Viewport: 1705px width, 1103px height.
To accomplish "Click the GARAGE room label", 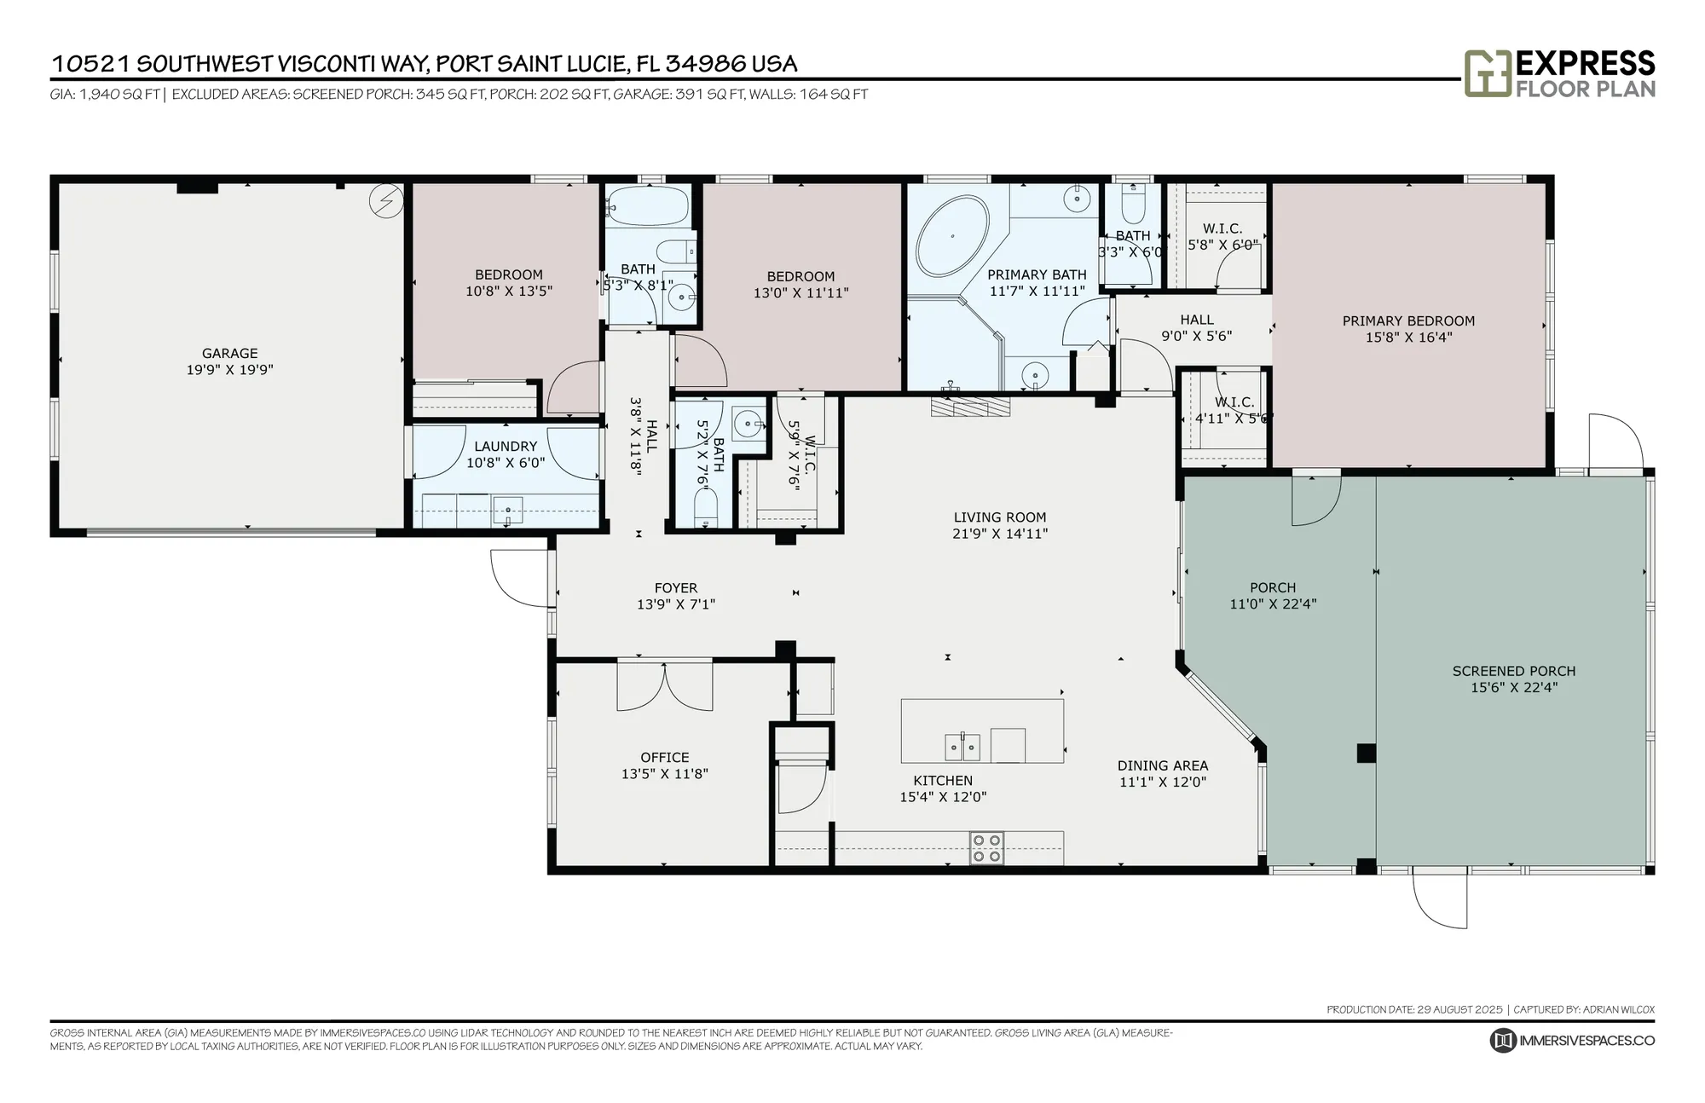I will tap(229, 353).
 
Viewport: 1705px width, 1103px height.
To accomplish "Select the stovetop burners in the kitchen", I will tap(986, 848).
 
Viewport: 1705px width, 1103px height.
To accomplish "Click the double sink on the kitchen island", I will tap(962, 748).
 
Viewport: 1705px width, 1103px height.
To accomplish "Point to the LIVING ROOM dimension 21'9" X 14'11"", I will tap(999, 534).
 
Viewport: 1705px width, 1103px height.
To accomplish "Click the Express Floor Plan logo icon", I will tap(1487, 73).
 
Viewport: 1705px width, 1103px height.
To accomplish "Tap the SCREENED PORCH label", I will tap(1513, 671).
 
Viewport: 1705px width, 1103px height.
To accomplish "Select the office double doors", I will tap(665, 686).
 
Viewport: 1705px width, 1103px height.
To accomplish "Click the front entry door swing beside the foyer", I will tap(517, 578).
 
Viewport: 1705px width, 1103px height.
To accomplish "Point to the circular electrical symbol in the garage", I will tap(385, 201).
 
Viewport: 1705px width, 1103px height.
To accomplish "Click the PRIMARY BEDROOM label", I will tap(1408, 321).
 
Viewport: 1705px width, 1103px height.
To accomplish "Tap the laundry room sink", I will tap(508, 511).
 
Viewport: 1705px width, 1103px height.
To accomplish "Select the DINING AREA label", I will tap(1162, 765).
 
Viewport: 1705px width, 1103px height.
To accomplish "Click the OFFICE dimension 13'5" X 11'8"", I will tap(664, 774).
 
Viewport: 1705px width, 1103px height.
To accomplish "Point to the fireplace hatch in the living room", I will tap(970, 407).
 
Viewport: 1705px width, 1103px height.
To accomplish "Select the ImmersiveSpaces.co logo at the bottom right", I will tap(1572, 1040).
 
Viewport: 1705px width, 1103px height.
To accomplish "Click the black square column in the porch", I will tap(1366, 753).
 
